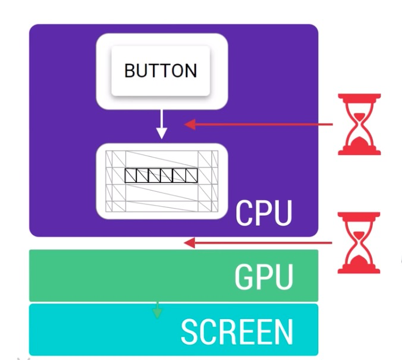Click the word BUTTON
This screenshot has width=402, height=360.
coord(161,71)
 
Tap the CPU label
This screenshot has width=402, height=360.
coord(264,213)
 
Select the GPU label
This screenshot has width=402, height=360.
coord(264,276)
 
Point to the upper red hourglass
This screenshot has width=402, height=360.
coord(359,124)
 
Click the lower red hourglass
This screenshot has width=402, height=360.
coord(359,242)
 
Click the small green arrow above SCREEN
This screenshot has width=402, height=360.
coord(157,310)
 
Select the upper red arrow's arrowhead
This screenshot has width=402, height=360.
coord(190,124)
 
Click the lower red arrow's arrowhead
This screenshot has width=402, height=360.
coord(189,242)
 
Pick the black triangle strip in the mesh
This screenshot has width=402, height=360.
coord(161,175)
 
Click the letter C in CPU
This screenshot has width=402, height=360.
coord(245,213)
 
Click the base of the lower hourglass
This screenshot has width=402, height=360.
coord(359,270)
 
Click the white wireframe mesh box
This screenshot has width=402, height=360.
coord(161,181)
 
